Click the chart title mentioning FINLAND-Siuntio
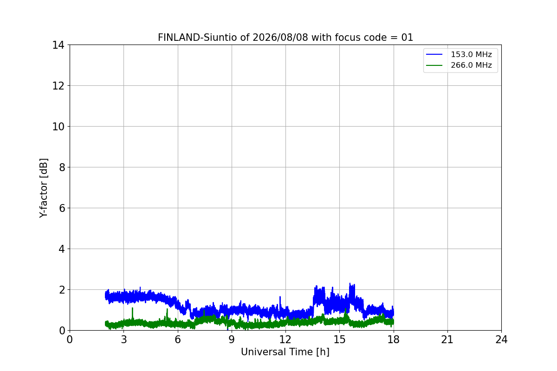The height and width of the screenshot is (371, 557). [285, 38]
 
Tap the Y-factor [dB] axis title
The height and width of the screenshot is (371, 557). [44, 188]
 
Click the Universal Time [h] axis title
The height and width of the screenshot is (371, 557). [285, 352]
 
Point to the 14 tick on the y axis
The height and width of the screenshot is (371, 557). [58, 45]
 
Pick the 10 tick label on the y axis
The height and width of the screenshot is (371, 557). [58, 127]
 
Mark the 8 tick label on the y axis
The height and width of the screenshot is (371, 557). [62, 167]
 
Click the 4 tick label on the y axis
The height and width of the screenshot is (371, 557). [62, 249]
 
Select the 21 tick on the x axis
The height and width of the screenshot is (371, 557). [447, 339]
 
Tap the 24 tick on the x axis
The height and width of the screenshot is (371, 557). [501, 339]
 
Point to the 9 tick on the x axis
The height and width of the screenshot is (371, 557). [232, 339]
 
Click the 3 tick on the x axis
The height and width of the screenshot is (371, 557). [124, 339]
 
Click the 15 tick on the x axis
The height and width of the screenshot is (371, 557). [339, 339]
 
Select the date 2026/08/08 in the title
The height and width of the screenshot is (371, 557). [280, 38]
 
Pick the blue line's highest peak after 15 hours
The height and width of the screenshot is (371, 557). [350, 283]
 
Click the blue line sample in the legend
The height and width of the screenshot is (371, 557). [434, 54]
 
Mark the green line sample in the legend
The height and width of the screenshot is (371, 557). [434, 65]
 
